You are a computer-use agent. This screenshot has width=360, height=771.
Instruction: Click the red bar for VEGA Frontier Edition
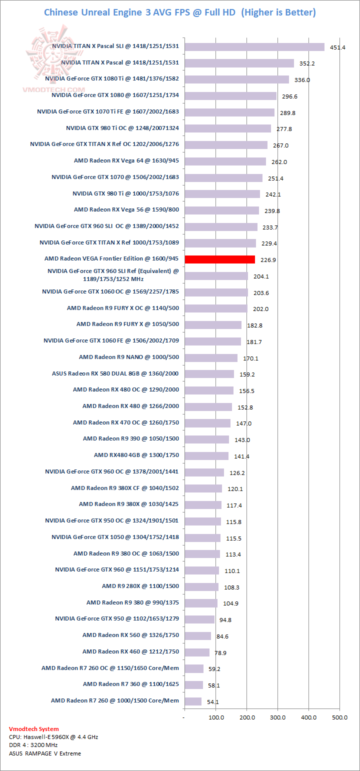[x=220, y=259]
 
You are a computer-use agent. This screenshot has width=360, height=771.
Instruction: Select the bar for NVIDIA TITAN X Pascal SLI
[x=254, y=47]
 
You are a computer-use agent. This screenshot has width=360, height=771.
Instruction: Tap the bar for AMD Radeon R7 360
[x=194, y=684]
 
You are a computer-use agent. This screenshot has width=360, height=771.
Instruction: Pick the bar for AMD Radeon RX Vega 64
[x=225, y=161]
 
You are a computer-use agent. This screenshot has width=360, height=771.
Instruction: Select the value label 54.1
[x=213, y=702]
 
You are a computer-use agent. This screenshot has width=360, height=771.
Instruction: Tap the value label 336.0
[x=302, y=80]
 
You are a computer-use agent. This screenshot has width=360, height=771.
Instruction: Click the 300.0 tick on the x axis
[x=278, y=717]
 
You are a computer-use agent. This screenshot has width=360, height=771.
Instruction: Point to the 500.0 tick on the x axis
[x=340, y=717]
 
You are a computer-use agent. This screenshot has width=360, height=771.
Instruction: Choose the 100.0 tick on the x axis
[x=216, y=717]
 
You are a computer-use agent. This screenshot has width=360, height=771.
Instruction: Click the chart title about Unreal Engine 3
[x=180, y=12]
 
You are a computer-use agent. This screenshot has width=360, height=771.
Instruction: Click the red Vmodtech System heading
[x=34, y=729]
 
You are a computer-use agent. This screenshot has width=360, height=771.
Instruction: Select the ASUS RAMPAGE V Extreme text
[x=45, y=753]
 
